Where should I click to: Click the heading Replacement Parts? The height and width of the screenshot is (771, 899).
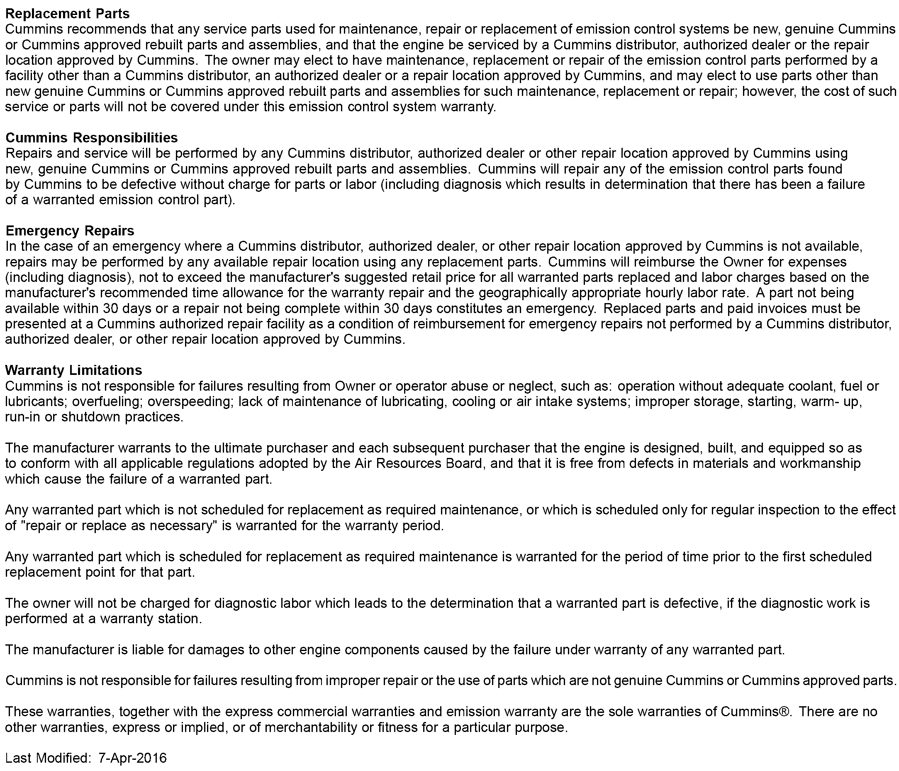(67, 14)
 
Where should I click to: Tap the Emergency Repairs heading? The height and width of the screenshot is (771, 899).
(70, 230)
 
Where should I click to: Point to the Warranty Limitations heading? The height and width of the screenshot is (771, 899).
(73, 370)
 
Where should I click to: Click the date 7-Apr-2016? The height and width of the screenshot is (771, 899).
(132, 758)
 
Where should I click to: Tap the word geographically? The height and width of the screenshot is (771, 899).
(522, 293)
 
